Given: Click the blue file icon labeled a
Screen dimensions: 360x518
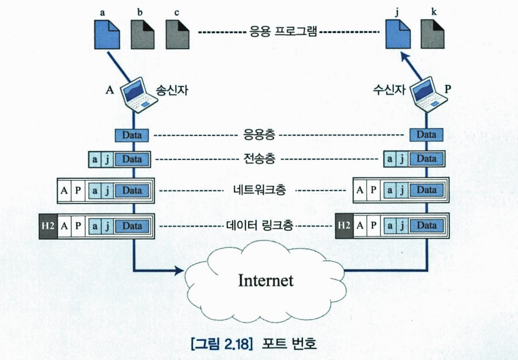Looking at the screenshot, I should [106, 34].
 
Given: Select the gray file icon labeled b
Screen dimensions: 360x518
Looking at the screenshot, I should [142, 34].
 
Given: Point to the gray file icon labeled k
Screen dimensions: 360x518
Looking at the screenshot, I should [433, 34].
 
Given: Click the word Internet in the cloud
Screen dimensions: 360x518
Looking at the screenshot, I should [266, 281].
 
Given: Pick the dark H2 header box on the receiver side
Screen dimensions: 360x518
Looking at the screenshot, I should [344, 226].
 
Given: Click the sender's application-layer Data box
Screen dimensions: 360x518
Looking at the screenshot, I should [132, 134].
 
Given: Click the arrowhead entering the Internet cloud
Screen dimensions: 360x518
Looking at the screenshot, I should [180, 271].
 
